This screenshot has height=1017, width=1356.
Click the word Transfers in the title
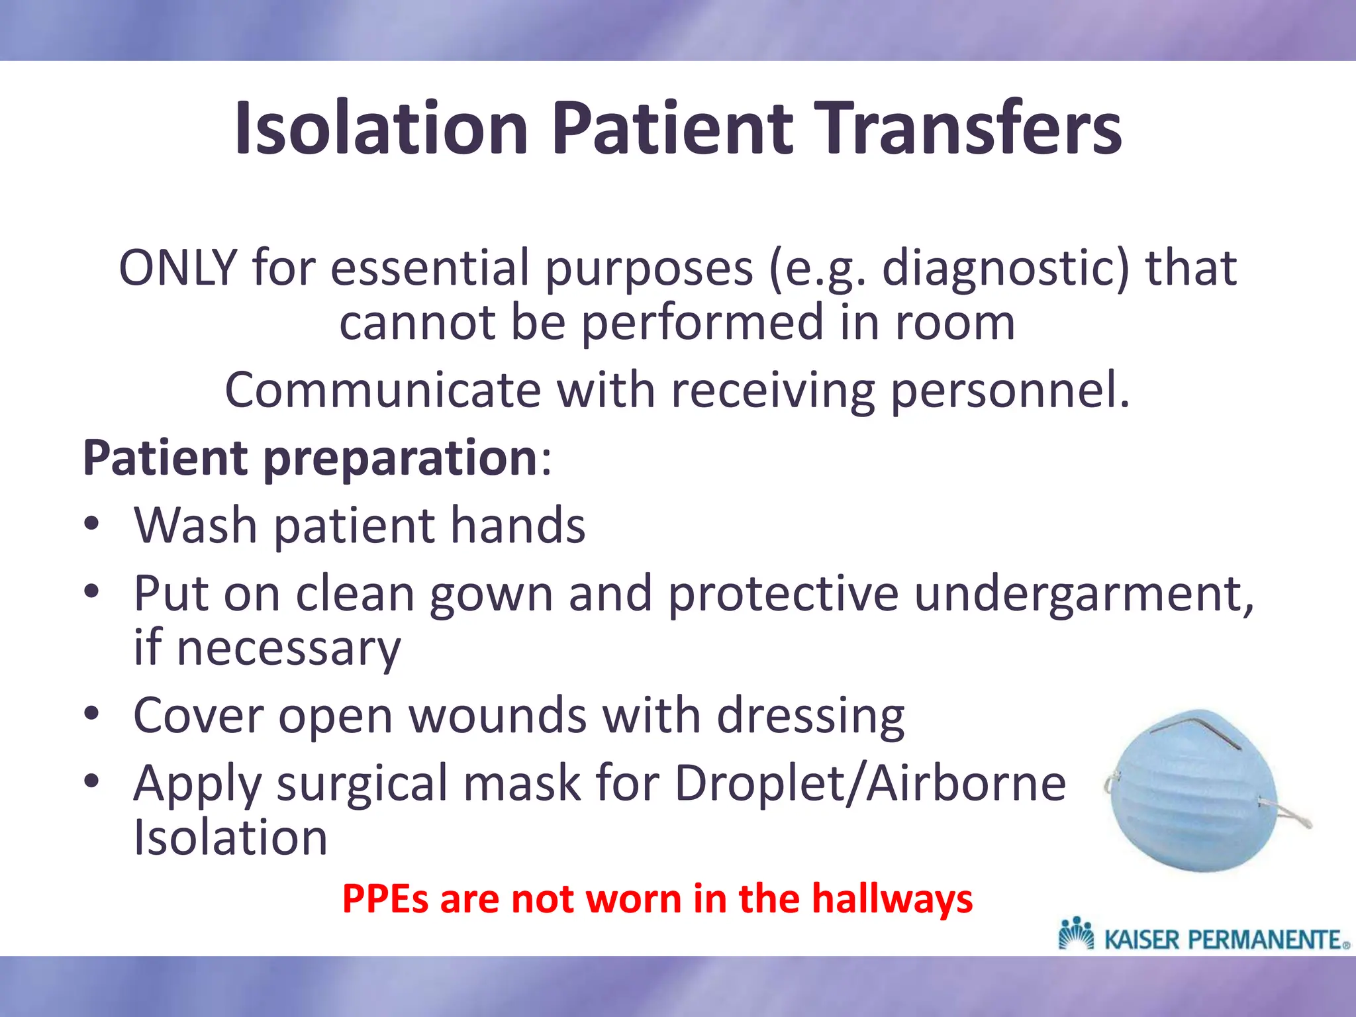(962, 128)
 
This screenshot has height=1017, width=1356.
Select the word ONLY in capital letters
(177, 268)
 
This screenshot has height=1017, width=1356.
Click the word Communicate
(383, 391)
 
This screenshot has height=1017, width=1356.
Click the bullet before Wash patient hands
(92, 524)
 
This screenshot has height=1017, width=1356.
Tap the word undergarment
(1084, 594)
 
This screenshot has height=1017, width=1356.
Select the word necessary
(289, 648)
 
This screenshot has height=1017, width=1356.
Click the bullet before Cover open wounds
(92, 714)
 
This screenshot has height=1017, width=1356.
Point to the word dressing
(810, 717)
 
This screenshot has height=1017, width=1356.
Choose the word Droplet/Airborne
(870, 783)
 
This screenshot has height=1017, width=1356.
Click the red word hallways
(892, 900)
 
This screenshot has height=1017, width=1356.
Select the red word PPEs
(385, 900)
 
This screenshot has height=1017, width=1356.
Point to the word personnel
(1010, 391)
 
